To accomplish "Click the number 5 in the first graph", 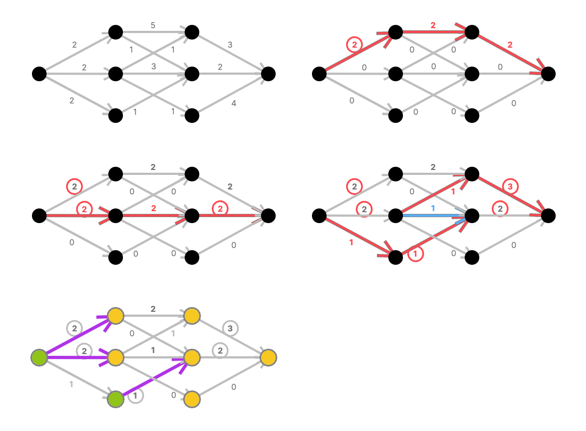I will (x=153, y=25).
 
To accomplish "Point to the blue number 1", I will (x=433, y=208).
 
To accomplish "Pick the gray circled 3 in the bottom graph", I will (x=230, y=328).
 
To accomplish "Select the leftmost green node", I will (x=39, y=357).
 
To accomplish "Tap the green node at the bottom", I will (x=115, y=399).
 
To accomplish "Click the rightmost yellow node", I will (x=269, y=357).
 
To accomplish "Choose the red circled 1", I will (x=416, y=253).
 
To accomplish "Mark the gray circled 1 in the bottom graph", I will (x=135, y=396).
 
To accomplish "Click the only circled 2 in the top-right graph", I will (x=354, y=44).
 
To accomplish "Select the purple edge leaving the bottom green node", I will (x=154, y=378).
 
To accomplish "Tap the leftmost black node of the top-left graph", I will (x=39, y=74).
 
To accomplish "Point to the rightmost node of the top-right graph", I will (x=548, y=74).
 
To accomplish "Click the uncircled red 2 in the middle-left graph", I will (x=153, y=208).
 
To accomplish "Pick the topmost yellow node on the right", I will (x=192, y=316).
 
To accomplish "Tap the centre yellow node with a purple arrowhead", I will (x=192, y=357).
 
